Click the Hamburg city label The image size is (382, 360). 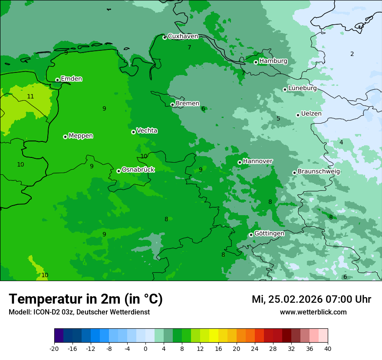tap(273, 61)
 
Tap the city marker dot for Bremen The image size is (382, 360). tap(172, 105)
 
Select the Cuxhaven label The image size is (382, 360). tap(183, 36)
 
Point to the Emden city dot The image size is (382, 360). tap(57, 80)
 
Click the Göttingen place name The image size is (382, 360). tap(269, 234)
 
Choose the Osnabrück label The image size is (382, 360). tap(138, 170)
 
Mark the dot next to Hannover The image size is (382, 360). tap(240, 162)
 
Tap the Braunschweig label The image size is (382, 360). tap(319, 172)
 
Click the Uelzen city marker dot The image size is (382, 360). tap(298, 115)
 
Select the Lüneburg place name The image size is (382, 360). tap(302, 88)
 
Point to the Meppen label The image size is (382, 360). tap(81, 136)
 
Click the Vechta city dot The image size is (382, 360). tap(133, 132)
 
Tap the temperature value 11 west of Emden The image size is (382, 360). tap(30, 96)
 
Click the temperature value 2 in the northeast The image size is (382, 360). tap(352, 54)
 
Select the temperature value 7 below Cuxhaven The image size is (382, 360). tap(189, 47)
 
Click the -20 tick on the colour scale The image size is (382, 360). tap(54, 349)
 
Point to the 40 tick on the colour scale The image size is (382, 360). tap(327, 349)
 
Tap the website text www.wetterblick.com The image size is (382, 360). tap(313, 312)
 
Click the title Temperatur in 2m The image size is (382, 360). tap(86, 299)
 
